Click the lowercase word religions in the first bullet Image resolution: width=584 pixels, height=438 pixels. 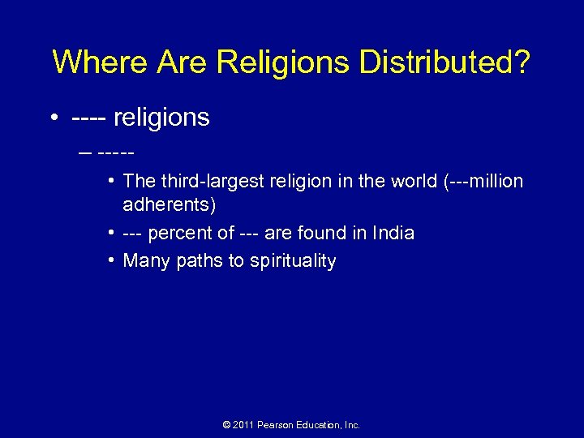[x=161, y=118]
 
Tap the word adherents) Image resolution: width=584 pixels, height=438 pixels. [x=169, y=205]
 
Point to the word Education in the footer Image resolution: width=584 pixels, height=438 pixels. [x=322, y=425]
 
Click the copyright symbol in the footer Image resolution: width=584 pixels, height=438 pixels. [x=225, y=425]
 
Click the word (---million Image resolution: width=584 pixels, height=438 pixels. [x=483, y=181]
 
